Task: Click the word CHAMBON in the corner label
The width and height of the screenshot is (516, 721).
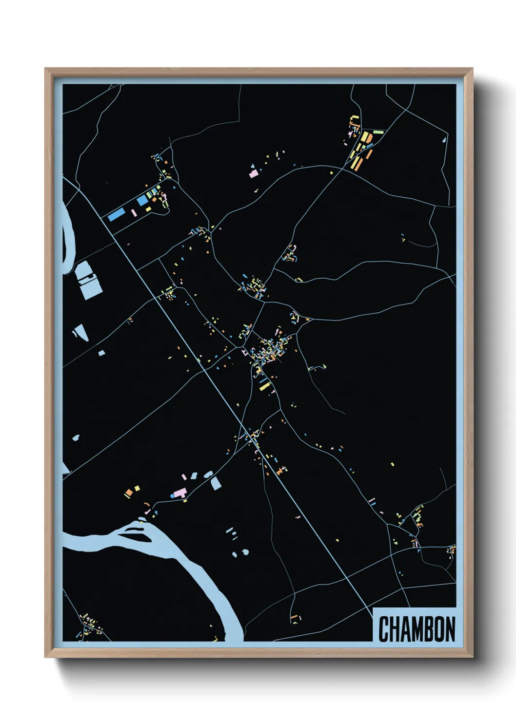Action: coord(417,629)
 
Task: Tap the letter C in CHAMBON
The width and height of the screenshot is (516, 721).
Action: coord(383,629)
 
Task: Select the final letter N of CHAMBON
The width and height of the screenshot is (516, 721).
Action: coord(450,629)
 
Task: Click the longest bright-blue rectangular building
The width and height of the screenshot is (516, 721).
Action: coord(117,214)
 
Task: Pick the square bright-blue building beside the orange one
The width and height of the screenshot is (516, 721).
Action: coord(142,200)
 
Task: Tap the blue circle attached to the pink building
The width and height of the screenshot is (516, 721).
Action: coord(172,495)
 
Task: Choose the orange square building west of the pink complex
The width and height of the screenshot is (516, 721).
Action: coord(129,493)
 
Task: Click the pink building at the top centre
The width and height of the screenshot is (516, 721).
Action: coord(254,173)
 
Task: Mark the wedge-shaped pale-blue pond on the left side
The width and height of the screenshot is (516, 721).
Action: coord(79,332)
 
